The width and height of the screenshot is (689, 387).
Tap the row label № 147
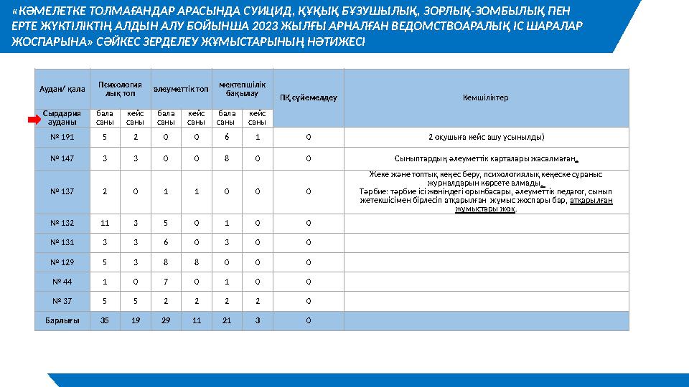pos(62,159)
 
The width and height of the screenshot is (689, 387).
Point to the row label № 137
pos(62,191)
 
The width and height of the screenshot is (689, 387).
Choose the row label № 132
pos(62,223)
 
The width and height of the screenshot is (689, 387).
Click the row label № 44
pos(62,282)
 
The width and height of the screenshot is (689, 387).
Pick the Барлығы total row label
pos(62,320)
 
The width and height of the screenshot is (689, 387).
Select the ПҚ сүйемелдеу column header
pos(308,97)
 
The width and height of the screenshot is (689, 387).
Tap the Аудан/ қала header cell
pos(62,88)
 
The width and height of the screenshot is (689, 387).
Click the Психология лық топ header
pos(119,88)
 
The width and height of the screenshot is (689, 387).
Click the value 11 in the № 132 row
pos(105,223)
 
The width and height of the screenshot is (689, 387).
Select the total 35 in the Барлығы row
pos(105,320)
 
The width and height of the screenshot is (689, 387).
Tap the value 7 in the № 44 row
pos(165,282)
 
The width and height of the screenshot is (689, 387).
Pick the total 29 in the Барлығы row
pos(165,320)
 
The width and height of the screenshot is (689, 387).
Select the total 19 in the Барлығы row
pos(135,320)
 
